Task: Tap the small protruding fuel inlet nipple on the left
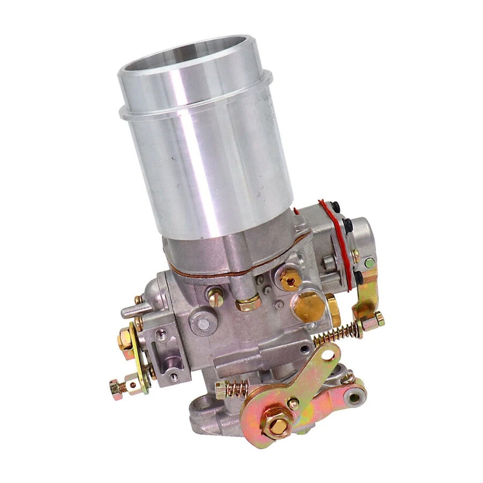click(x=128, y=313)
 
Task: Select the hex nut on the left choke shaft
click(x=126, y=336)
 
